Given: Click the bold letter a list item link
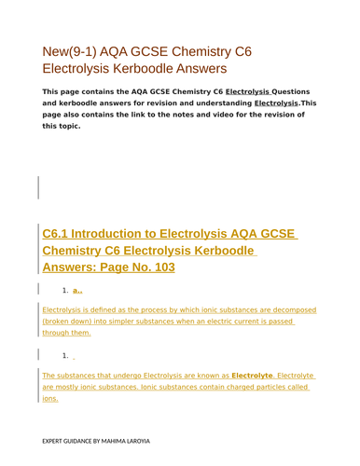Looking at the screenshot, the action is coord(76,291).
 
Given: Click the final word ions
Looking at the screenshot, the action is coord(50,398).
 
